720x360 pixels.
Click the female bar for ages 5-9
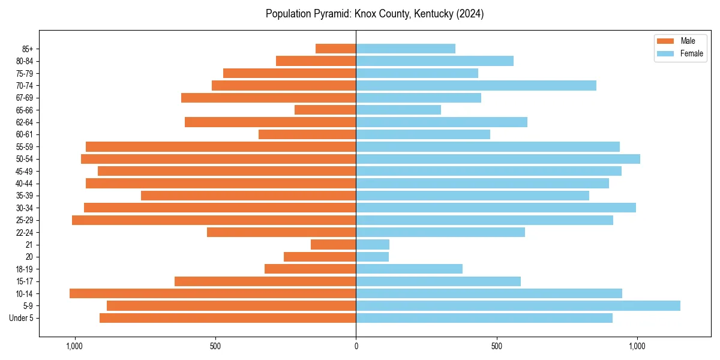518,305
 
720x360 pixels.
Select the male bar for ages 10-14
213,293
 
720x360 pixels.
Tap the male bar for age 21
334,244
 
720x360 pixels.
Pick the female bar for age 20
372,257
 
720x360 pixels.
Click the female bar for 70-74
476,85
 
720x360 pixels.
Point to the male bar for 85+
336,49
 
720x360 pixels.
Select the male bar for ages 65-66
325,110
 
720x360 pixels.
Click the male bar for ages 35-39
248,196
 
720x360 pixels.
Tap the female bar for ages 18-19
409,269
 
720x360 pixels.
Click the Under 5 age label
21,318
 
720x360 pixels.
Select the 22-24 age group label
24,232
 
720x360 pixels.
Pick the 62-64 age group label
24,122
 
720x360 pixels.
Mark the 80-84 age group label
24,61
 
